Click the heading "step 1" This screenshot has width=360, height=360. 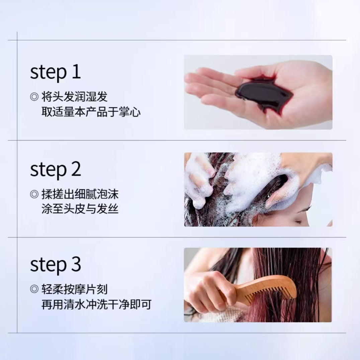[x=55, y=72]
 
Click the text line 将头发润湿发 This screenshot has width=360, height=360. [x=74, y=97]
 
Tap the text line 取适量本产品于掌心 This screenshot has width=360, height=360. [x=91, y=112]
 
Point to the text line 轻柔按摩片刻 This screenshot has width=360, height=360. [x=74, y=289]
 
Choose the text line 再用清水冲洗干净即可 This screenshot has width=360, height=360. [x=96, y=304]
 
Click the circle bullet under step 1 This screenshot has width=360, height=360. [x=34, y=97]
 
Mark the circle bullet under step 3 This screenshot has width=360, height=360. [x=34, y=289]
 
